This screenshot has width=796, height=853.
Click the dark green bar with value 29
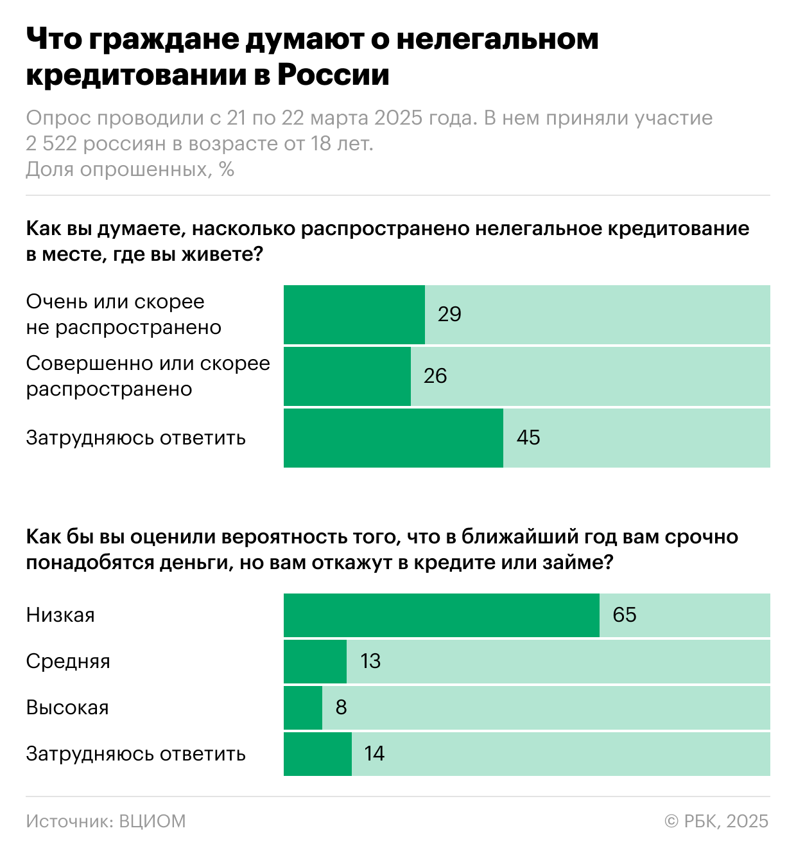pyautogui.click(x=354, y=314)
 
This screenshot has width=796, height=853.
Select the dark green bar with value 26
pyautogui.click(x=347, y=376)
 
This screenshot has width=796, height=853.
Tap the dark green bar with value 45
pyautogui.click(x=393, y=437)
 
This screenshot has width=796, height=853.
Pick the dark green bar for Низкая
pyautogui.click(x=441, y=615)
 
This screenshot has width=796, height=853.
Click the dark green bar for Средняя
pyautogui.click(x=315, y=661)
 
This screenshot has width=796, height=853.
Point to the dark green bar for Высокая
pyautogui.click(x=302, y=707)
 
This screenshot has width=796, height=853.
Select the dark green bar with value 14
pyautogui.click(x=317, y=753)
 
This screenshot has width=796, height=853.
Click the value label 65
pyautogui.click(x=624, y=615)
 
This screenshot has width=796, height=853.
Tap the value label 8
pyautogui.click(x=341, y=707)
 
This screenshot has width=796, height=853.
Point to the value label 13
pyautogui.click(x=370, y=661)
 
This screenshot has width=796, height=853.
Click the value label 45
pyautogui.click(x=528, y=437)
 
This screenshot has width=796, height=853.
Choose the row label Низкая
pyautogui.click(x=60, y=615)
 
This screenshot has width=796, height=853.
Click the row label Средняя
pyautogui.click(x=68, y=661)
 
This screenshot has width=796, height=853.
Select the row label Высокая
pyautogui.click(x=67, y=707)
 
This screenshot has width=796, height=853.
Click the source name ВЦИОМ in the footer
pyautogui.click(x=152, y=821)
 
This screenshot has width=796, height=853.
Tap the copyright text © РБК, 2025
pyautogui.click(x=716, y=821)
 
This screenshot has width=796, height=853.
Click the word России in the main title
pyautogui.click(x=333, y=75)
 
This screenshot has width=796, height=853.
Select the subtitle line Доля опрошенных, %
pyautogui.click(x=130, y=169)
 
